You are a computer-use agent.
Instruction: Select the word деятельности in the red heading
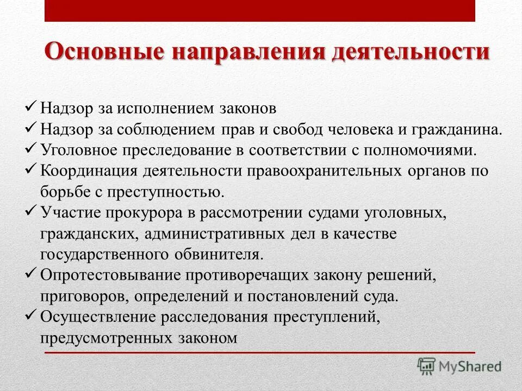pyautogui.click(x=411, y=53)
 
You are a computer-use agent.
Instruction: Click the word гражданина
pyautogui.click(x=461, y=129)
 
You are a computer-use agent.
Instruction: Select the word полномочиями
pyautogui.click(x=424, y=150)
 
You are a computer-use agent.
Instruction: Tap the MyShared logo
pyautogui.click(x=459, y=366)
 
